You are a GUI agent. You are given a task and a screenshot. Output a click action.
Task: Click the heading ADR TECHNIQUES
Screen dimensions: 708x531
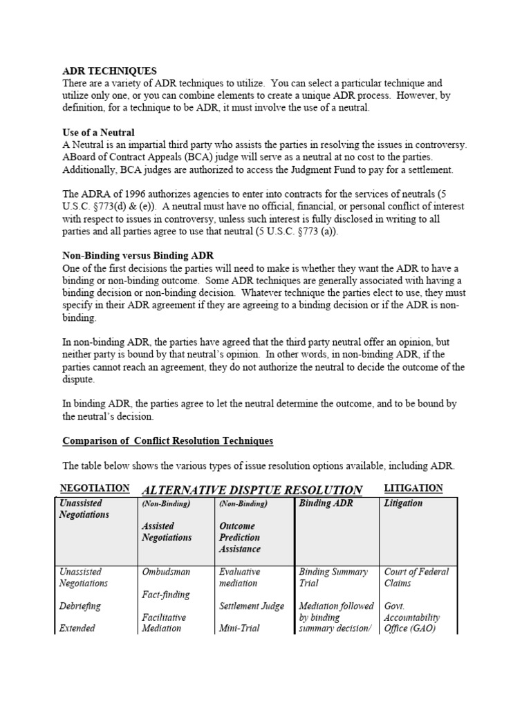tap(109, 71)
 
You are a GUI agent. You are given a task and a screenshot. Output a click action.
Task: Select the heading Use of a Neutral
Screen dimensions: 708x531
tap(98, 132)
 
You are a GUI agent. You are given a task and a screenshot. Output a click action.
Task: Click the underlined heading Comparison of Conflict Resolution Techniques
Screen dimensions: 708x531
tap(167, 440)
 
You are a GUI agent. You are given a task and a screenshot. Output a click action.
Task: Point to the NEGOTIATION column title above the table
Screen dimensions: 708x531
tap(95, 488)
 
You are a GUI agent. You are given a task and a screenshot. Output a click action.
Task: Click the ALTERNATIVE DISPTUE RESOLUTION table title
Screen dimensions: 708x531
tap(252, 490)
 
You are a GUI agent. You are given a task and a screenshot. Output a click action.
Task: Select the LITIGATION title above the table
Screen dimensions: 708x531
tap(413, 488)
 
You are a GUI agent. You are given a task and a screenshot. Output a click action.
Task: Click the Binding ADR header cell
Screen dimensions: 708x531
tap(326, 503)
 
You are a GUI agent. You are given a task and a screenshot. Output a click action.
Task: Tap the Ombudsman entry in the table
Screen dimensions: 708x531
tap(166, 572)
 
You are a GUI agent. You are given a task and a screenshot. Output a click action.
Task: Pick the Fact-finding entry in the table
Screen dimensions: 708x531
tap(166, 595)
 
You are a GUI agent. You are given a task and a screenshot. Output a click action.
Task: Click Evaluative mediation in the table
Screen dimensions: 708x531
tap(240, 577)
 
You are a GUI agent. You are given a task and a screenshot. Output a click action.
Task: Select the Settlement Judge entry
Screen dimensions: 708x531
tap(251, 606)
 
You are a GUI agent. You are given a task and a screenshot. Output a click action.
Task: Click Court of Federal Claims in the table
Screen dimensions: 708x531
tap(416, 577)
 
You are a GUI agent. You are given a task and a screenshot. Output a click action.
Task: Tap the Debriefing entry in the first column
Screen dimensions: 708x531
tap(80, 606)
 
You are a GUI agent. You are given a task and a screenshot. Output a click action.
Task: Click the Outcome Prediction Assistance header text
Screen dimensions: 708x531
tap(240, 537)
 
